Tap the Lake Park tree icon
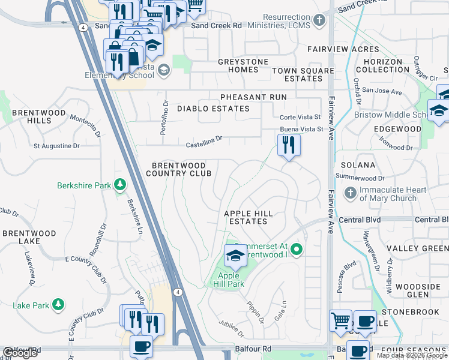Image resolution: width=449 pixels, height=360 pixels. (x=58, y=305)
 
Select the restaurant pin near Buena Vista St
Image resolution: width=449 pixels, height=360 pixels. (x=289, y=145)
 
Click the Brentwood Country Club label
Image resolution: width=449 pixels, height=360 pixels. (x=178, y=169)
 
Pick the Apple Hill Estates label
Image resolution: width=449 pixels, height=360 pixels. (x=248, y=217)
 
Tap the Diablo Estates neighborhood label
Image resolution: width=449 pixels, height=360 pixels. (x=213, y=109)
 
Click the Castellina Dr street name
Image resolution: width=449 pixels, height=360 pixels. (x=203, y=140)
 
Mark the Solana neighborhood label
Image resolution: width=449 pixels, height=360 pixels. (x=358, y=164)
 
